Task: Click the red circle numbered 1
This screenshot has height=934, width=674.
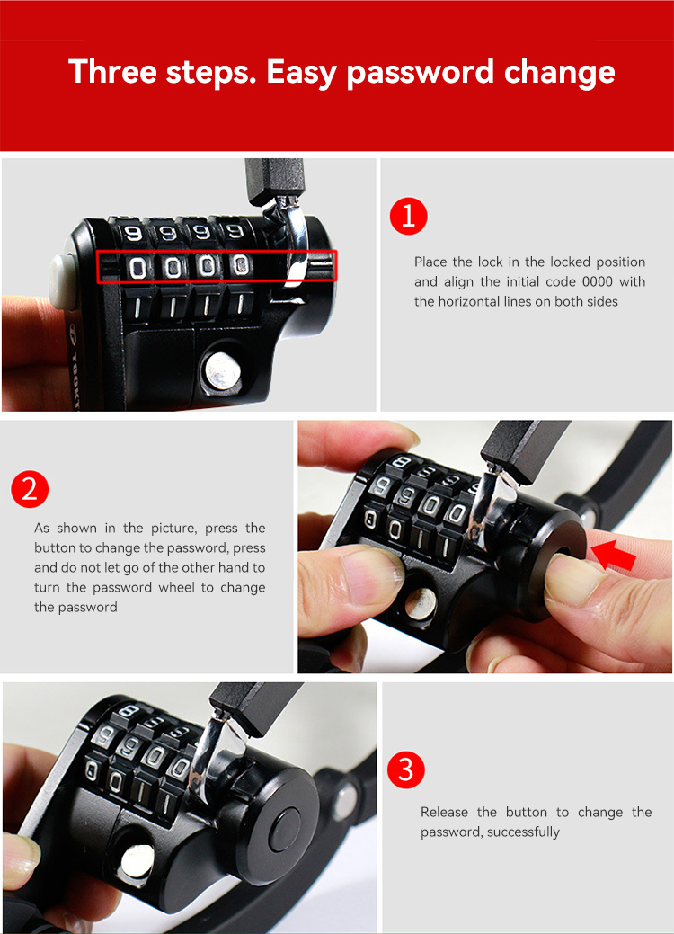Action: pyautogui.click(x=409, y=216)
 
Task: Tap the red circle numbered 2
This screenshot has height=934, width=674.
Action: pyautogui.click(x=30, y=489)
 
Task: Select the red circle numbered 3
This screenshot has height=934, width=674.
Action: pyautogui.click(x=406, y=769)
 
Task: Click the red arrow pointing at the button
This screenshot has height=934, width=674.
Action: pyautogui.click(x=613, y=556)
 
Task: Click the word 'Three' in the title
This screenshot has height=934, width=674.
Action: pyautogui.click(x=112, y=72)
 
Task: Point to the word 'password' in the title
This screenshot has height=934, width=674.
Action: pyautogui.click(x=421, y=73)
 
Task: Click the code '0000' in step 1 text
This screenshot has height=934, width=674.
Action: pyautogui.click(x=598, y=281)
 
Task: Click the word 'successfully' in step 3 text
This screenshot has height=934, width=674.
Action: pyautogui.click(x=523, y=832)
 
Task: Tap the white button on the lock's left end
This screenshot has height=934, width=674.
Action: pyautogui.click(x=62, y=281)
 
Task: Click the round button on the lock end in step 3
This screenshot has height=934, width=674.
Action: pyautogui.click(x=285, y=830)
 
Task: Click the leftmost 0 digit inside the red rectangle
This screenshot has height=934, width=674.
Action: pyautogui.click(x=137, y=268)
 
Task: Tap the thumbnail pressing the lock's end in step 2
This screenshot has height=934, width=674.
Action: pyautogui.click(x=568, y=574)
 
